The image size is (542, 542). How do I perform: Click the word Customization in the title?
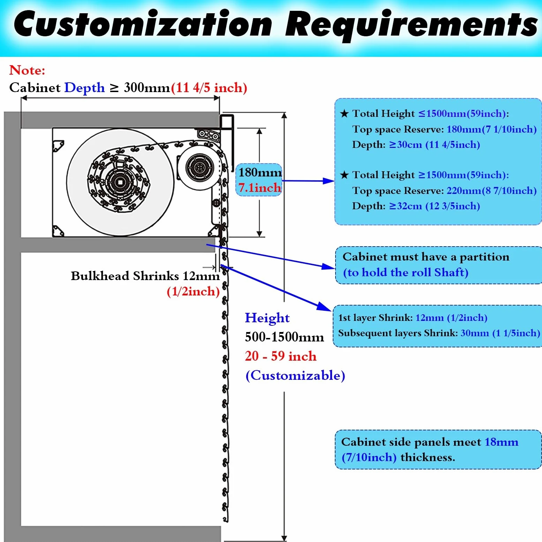143,24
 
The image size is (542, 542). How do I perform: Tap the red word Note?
27,70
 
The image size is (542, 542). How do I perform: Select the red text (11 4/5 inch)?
209,87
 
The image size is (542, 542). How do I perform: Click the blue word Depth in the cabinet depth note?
84,88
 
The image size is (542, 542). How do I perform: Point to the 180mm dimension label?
260,172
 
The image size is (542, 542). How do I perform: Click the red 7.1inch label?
260,188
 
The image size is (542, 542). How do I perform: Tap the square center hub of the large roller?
120,182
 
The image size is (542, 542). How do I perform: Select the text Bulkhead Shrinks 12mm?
145,276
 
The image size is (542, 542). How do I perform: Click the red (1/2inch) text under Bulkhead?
193,291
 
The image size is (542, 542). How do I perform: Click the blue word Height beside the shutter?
267,318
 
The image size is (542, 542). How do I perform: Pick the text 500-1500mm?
284,337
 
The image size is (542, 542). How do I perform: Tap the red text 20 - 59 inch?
280,356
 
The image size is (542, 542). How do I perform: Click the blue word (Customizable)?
295,376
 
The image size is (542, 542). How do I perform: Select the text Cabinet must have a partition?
426,257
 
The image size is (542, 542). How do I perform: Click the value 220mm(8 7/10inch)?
491,190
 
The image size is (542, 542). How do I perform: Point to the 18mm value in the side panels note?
501,442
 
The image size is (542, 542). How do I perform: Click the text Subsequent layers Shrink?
398,333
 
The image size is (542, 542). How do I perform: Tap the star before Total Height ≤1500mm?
344,113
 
